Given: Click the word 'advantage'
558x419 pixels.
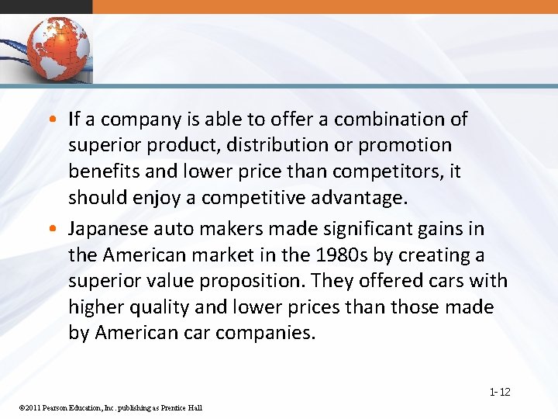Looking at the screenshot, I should (x=360, y=198).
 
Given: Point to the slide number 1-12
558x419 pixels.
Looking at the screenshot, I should (x=499, y=392).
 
